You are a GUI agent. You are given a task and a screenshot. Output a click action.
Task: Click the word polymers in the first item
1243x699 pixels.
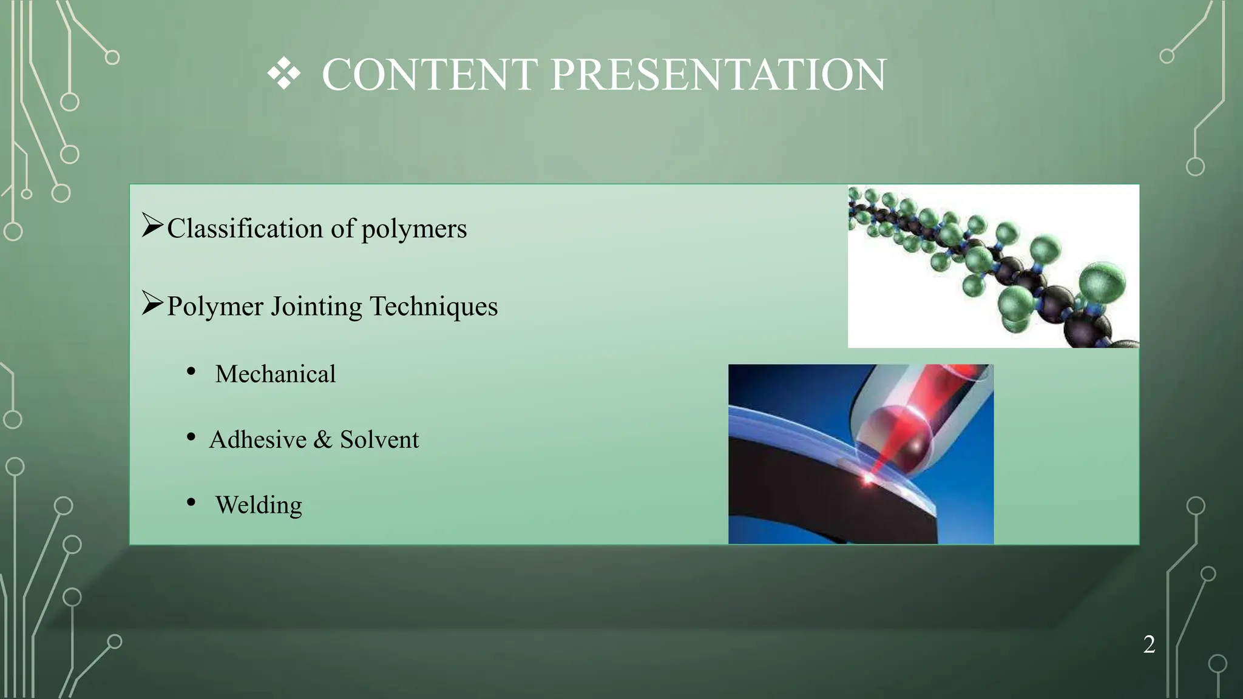point(414,229)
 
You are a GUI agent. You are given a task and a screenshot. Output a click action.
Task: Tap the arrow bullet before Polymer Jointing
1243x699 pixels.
point(152,303)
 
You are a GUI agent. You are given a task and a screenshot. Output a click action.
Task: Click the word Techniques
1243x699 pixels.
point(433,306)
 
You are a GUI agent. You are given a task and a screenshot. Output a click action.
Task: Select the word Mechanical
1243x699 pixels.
point(275,374)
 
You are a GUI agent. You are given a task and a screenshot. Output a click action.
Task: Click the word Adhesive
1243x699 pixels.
point(258,439)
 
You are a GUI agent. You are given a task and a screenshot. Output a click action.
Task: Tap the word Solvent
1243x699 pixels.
point(379,439)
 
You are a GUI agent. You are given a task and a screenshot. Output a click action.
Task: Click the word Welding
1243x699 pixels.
point(259,505)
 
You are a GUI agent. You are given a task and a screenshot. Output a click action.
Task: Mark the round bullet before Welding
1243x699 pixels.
point(191,502)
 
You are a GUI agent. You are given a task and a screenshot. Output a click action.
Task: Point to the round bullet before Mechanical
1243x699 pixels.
point(191,371)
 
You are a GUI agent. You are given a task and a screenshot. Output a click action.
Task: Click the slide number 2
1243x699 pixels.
point(1149,644)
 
